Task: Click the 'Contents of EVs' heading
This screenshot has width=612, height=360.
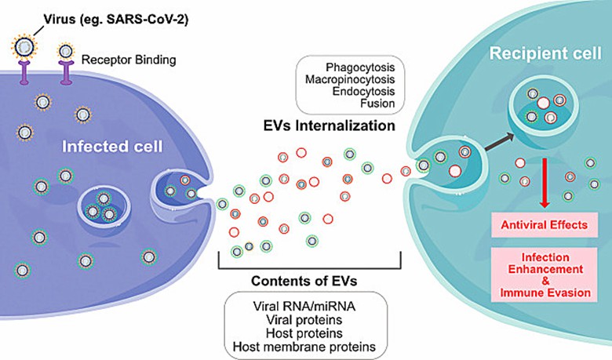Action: click(x=310, y=281)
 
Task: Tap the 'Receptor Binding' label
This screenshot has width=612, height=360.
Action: click(x=116, y=60)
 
